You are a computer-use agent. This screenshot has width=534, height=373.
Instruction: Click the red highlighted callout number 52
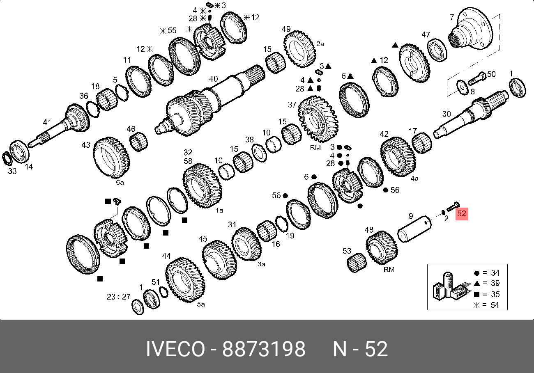462,213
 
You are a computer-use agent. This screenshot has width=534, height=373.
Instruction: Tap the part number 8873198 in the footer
264,349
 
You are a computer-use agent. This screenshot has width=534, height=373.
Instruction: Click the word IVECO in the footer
175,349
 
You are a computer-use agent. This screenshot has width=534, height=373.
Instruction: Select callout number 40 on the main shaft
213,79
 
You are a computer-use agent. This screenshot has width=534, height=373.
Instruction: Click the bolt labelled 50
477,79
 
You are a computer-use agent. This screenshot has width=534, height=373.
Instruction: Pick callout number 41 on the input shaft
47,122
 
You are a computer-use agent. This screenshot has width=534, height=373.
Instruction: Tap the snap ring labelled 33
7,158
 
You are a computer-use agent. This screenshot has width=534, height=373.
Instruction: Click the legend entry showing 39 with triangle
488,283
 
